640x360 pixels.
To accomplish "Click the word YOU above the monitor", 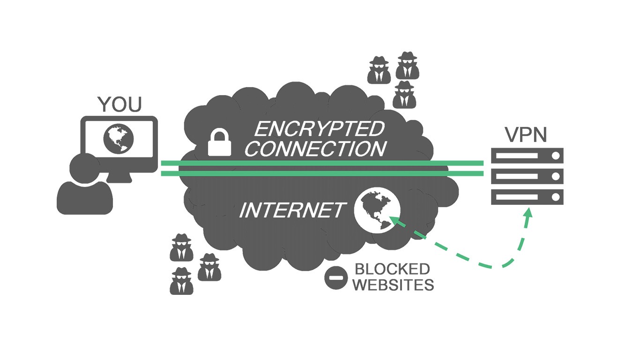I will click(x=119, y=105).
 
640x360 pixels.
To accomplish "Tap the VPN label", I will click(x=526, y=135).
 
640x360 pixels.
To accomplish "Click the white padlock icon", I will click(x=220, y=143).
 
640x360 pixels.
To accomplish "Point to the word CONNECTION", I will click(x=316, y=149).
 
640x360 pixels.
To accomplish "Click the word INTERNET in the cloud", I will click(x=292, y=210).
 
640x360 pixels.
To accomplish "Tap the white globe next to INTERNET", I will click(x=377, y=210).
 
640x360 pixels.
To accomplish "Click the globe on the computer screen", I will click(x=119, y=138).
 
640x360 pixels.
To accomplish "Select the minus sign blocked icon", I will click(x=336, y=278).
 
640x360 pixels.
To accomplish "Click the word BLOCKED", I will click(x=392, y=269).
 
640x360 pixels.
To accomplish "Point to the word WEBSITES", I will click(x=393, y=285).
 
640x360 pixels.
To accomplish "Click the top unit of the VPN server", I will click(x=527, y=156).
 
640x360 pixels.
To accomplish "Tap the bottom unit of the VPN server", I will click(x=527, y=197).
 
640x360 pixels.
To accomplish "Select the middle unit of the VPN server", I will click(x=527, y=176).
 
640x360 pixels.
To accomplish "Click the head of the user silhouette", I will click(x=84, y=168).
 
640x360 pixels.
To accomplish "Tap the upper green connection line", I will click(x=322, y=163).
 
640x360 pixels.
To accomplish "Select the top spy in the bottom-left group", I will click(x=181, y=247).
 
